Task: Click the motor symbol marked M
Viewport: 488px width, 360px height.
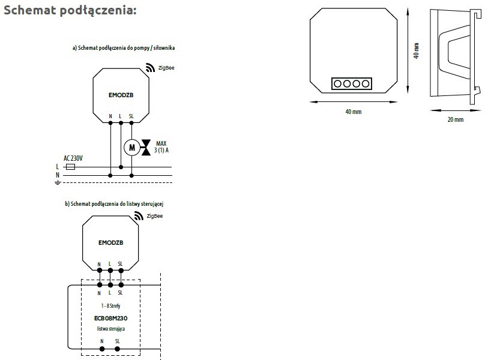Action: (x=131, y=147)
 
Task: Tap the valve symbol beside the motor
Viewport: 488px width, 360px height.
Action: (x=146, y=147)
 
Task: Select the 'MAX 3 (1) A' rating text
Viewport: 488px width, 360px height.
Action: (x=161, y=147)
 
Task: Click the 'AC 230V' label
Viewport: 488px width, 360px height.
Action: (x=73, y=158)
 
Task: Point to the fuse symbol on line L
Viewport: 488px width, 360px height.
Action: (x=70, y=167)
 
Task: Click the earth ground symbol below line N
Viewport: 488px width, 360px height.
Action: (x=58, y=182)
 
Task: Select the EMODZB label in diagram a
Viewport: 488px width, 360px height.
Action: (x=121, y=94)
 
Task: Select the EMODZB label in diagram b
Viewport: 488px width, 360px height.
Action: (x=110, y=242)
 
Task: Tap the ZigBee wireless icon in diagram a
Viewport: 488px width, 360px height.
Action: (x=149, y=69)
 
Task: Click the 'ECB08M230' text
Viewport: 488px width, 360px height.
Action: (x=110, y=318)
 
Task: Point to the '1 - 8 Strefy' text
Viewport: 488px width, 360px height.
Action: (x=110, y=306)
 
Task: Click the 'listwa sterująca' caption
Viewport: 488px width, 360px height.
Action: (x=110, y=329)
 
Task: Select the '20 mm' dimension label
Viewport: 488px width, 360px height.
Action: (x=456, y=120)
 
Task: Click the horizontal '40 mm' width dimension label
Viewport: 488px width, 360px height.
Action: (x=354, y=112)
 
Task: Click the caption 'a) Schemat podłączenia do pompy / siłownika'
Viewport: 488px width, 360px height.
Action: (x=123, y=47)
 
